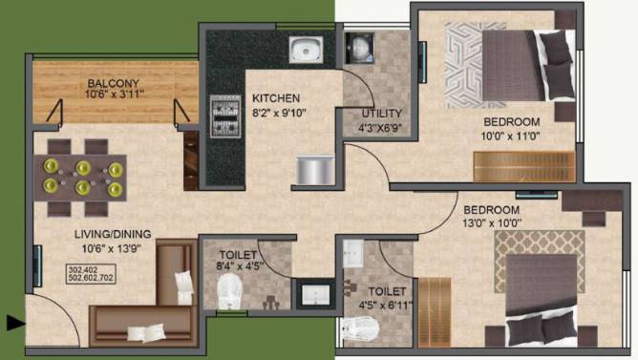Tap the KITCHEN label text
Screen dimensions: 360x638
[276, 97]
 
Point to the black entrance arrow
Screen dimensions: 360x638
[14, 324]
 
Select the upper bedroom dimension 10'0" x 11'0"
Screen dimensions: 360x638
[511, 137]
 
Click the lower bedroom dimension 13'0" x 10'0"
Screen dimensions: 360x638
[492, 223]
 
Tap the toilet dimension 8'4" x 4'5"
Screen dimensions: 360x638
[238, 268]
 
